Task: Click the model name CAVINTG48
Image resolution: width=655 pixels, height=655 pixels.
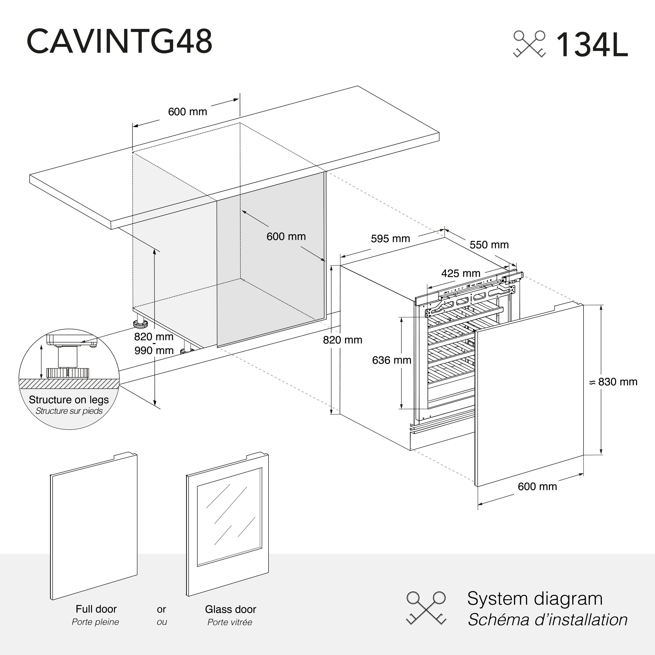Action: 119,41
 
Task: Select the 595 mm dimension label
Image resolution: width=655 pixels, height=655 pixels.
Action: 390,239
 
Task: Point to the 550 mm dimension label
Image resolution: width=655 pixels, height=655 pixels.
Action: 489,244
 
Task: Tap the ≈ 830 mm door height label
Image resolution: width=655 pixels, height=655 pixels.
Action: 614,382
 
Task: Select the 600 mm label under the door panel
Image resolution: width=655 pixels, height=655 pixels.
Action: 537,486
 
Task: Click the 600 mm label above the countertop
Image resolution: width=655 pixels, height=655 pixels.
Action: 188,112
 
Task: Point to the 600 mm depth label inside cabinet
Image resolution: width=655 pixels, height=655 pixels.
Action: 286,236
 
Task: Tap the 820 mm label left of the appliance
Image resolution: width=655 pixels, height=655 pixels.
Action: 342,340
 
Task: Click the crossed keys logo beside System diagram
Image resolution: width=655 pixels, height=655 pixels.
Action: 426,612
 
